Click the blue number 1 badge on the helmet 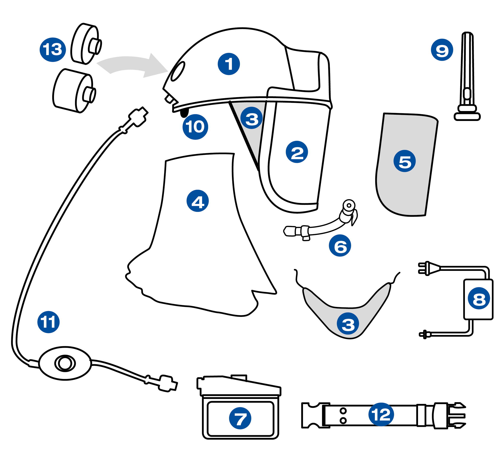(229, 64)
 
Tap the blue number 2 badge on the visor (297, 152)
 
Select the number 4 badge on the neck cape (198, 201)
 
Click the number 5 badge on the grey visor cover (404, 161)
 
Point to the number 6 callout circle (340, 246)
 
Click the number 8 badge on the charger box (479, 298)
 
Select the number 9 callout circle (442, 50)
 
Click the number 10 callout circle (195, 127)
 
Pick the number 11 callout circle (48, 322)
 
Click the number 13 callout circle (53, 50)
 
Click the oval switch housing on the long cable (65, 363)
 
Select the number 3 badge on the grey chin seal (348, 324)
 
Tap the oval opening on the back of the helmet (178, 71)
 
